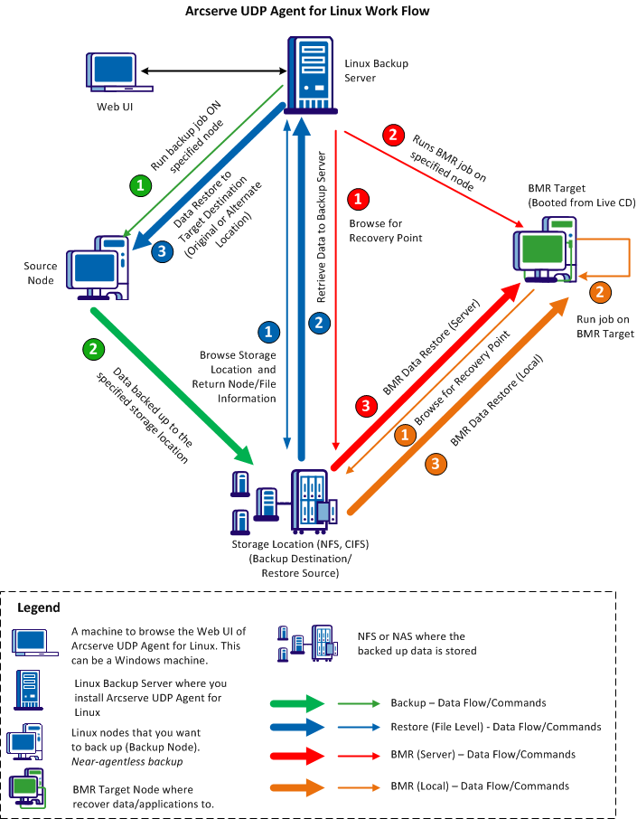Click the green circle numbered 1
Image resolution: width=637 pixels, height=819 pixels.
click(x=140, y=186)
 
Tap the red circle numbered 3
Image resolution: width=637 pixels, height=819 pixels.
click(x=366, y=406)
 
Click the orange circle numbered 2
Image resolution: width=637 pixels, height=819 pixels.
click(x=598, y=293)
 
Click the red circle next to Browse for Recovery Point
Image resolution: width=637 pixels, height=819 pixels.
click(x=360, y=198)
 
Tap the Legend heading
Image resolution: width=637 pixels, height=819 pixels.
click(x=39, y=607)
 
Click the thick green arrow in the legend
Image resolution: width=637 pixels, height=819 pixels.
click(x=299, y=702)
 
